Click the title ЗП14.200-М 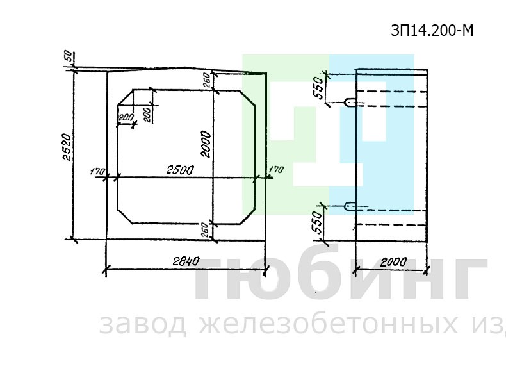[x=432, y=31]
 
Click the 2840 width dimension [x=186, y=261]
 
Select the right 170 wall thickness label [x=275, y=170]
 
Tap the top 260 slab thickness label [x=207, y=81]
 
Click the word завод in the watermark [x=142, y=325]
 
